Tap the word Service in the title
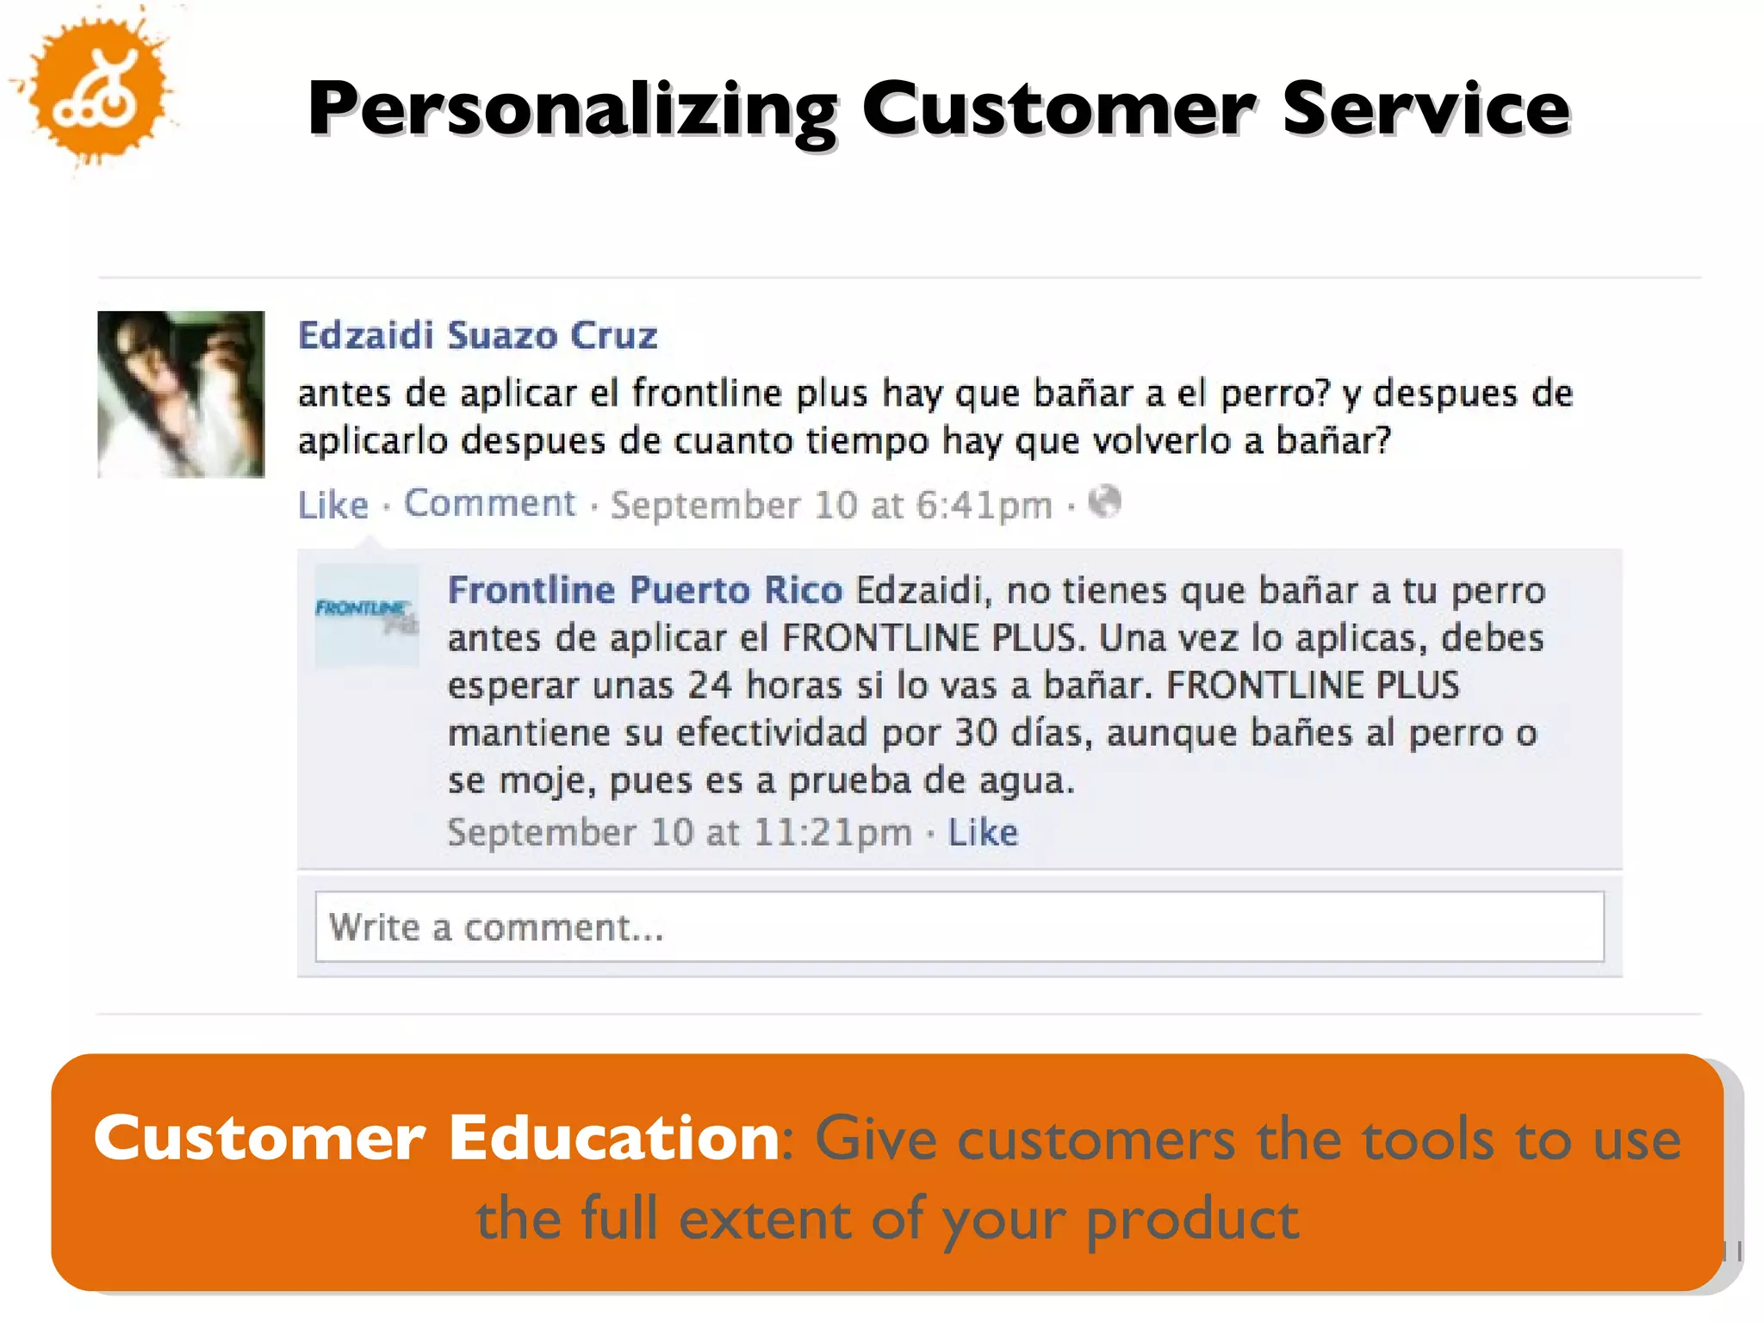click(1425, 109)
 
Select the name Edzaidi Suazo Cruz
click(477, 335)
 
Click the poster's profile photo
click(181, 394)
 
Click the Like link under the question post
click(332, 505)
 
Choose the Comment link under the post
click(489, 504)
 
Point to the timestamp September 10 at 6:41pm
click(831, 506)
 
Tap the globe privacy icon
click(1104, 502)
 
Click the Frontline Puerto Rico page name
click(644, 591)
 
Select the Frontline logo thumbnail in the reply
click(367, 616)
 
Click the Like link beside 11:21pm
click(983, 833)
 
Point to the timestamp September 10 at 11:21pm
click(680, 833)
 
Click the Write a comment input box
click(959, 927)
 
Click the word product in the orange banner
click(1192, 1220)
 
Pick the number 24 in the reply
click(710, 686)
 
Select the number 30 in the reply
click(976, 733)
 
